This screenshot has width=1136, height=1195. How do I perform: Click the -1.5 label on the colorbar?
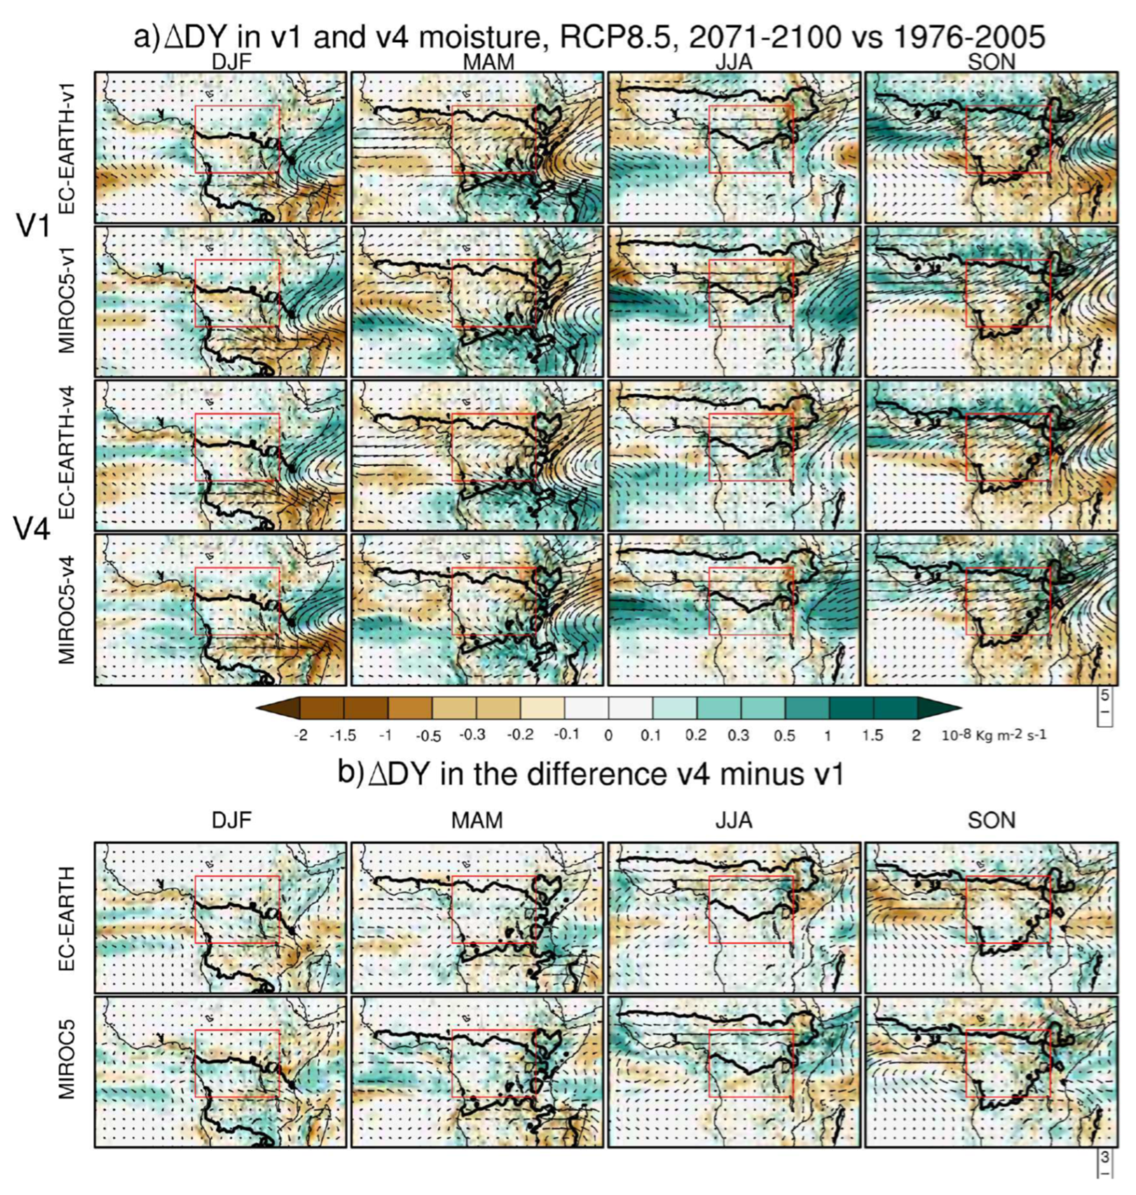pyautogui.click(x=343, y=736)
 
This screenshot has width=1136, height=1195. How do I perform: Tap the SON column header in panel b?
pyautogui.click(x=991, y=819)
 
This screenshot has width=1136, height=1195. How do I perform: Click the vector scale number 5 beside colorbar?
pyautogui.click(x=1105, y=695)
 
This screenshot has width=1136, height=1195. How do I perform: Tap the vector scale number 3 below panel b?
pyautogui.click(x=1105, y=1157)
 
